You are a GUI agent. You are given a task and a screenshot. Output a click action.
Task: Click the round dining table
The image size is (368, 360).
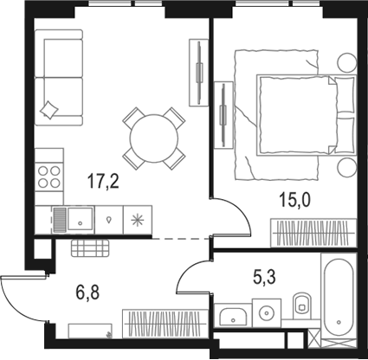pos(153,137)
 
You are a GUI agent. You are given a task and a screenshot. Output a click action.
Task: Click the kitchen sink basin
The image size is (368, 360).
pos(80,218)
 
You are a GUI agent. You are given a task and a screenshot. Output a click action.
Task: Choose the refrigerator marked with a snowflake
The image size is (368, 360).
pos(138,218)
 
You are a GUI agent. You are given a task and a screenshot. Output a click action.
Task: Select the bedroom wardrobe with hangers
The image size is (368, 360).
pos(313,232)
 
